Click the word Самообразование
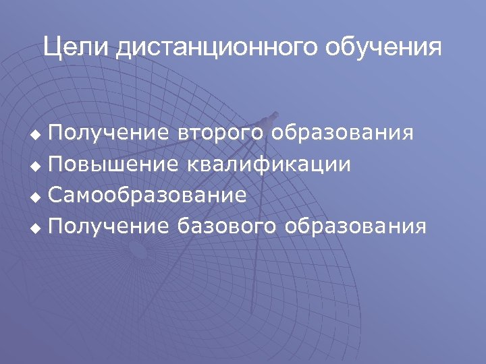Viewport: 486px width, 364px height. coord(147,195)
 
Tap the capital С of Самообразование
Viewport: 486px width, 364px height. coord(56,195)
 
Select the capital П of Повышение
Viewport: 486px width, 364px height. coord(56,164)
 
